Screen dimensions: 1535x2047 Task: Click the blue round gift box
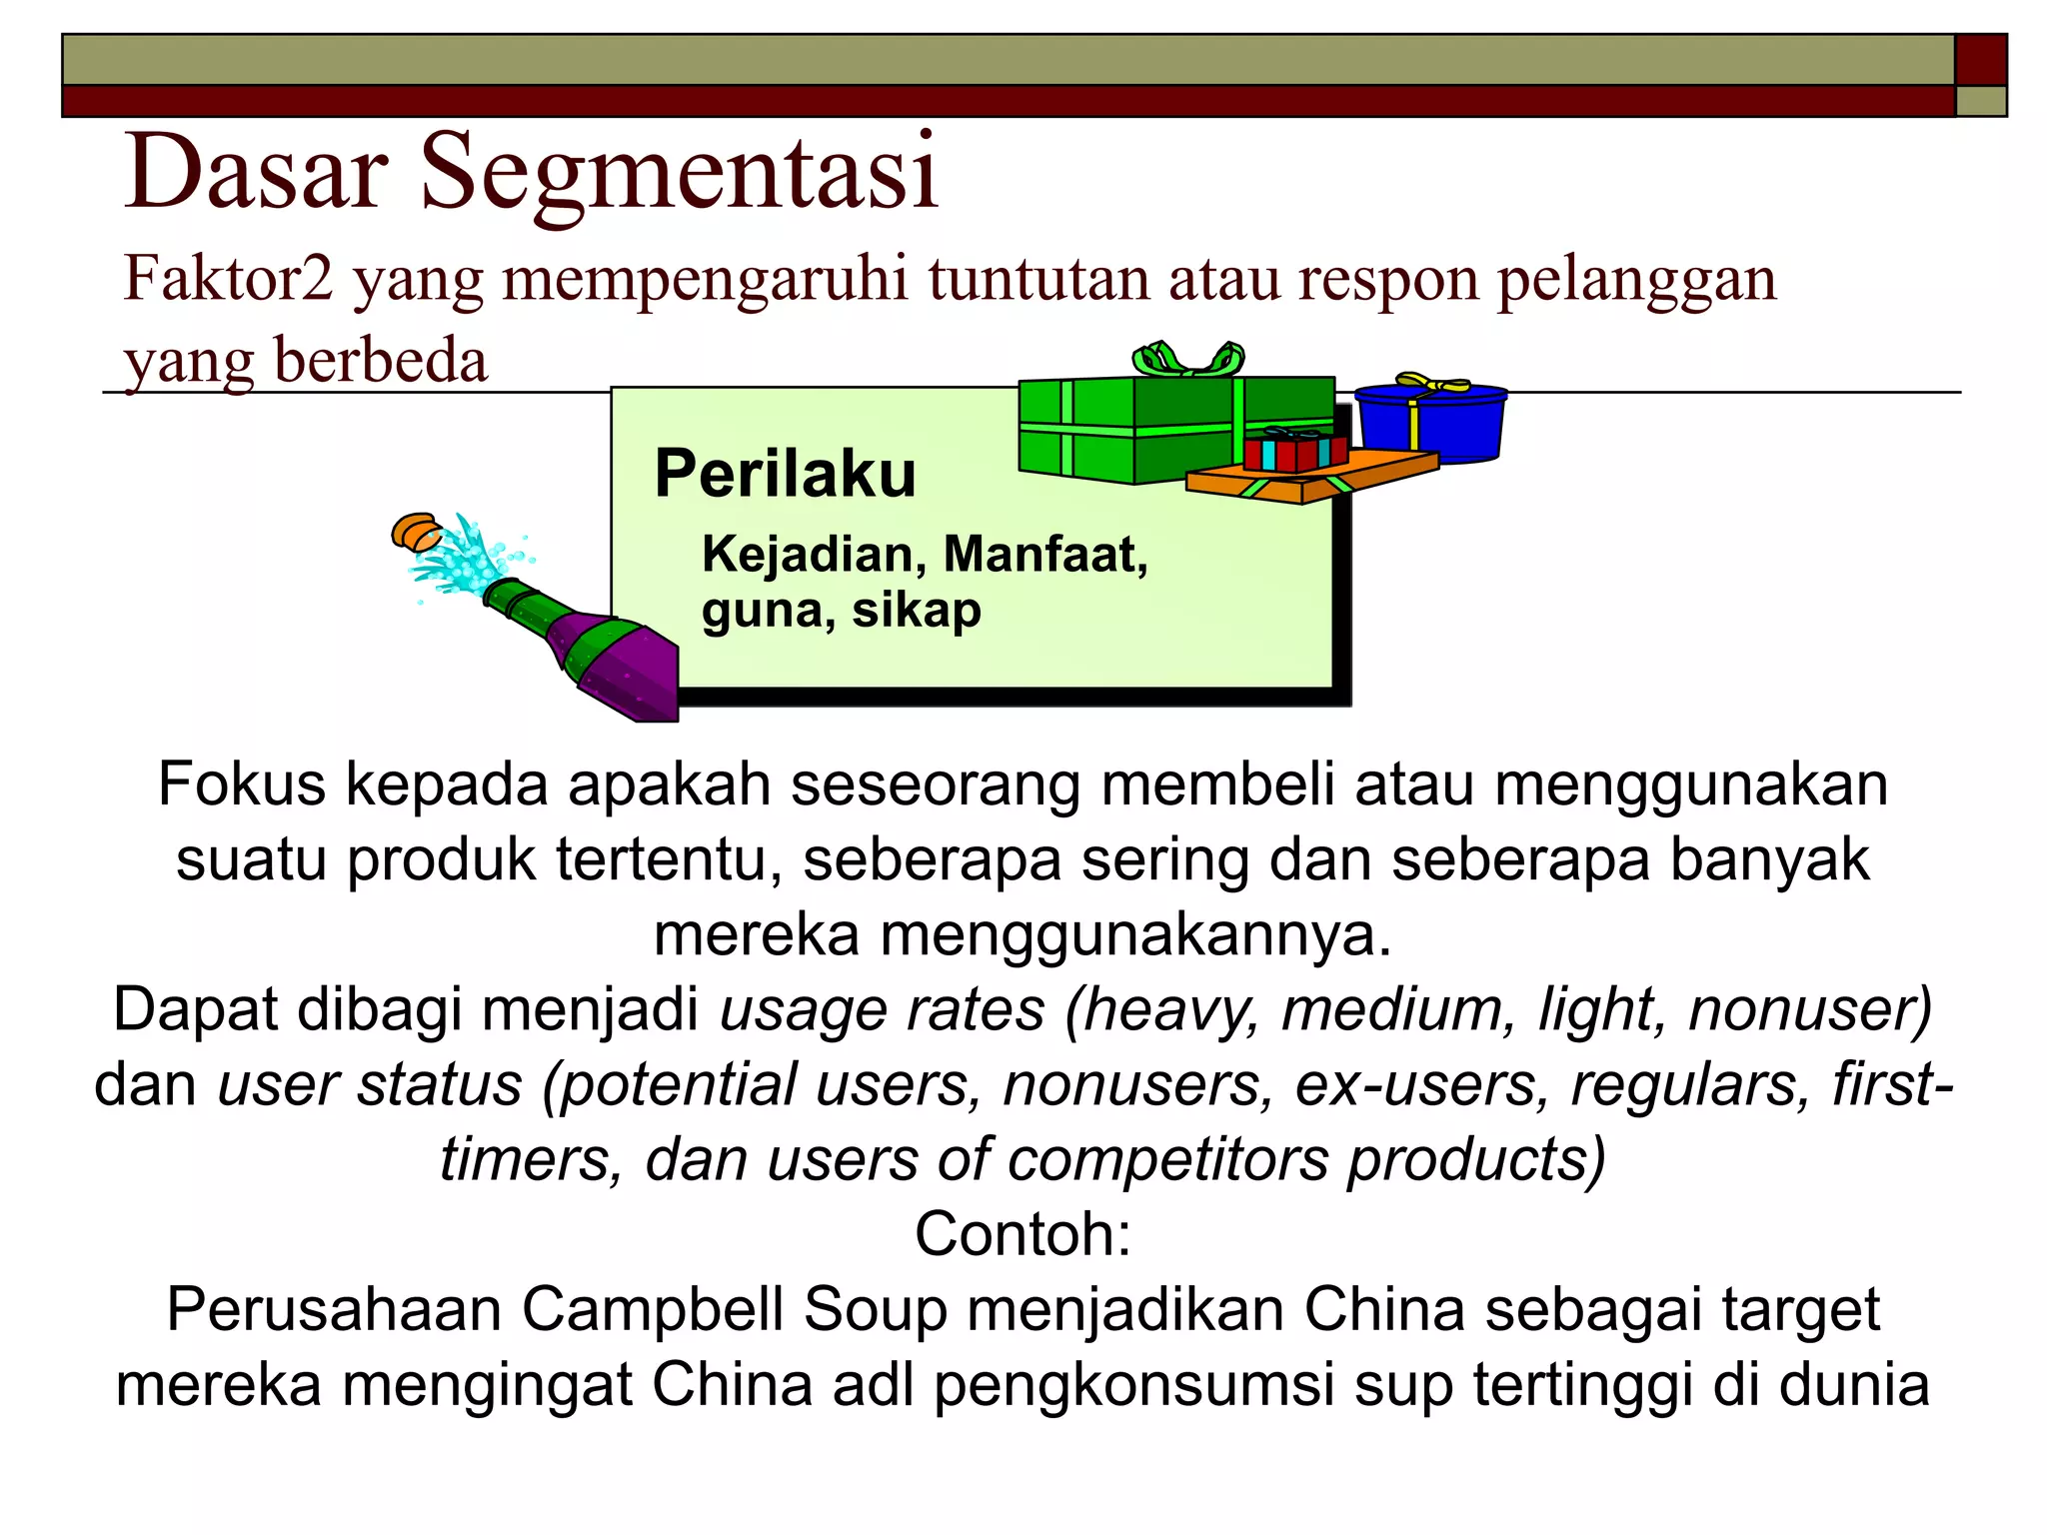(1431, 424)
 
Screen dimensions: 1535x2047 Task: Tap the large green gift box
(1129, 430)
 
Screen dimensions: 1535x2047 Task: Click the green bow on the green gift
(1188, 358)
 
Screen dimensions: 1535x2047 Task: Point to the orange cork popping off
(415, 531)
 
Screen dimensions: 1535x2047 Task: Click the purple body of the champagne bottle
(620, 665)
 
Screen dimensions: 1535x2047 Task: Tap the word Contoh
(1023, 1235)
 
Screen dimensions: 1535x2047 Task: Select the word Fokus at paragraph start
(242, 785)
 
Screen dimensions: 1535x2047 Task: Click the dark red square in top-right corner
(1980, 60)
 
